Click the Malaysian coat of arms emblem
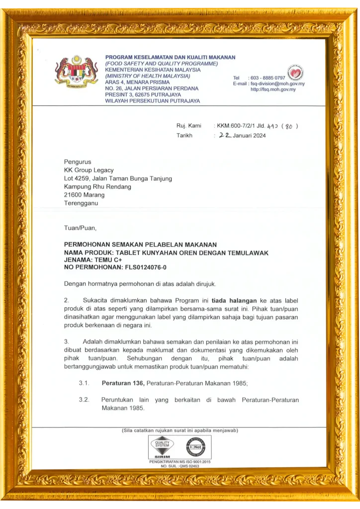(77, 71)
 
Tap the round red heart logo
(296, 73)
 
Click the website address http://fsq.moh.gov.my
(273, 89)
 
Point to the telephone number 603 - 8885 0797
(268, 78)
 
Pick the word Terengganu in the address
(81, 203)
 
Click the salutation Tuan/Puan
(80, 228)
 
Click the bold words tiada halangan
(234, 301)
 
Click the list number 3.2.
(84, 400)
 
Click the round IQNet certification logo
(195, 447)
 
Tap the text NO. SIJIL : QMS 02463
(180, 466)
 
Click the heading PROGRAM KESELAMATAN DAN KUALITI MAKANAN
(170, 57)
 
